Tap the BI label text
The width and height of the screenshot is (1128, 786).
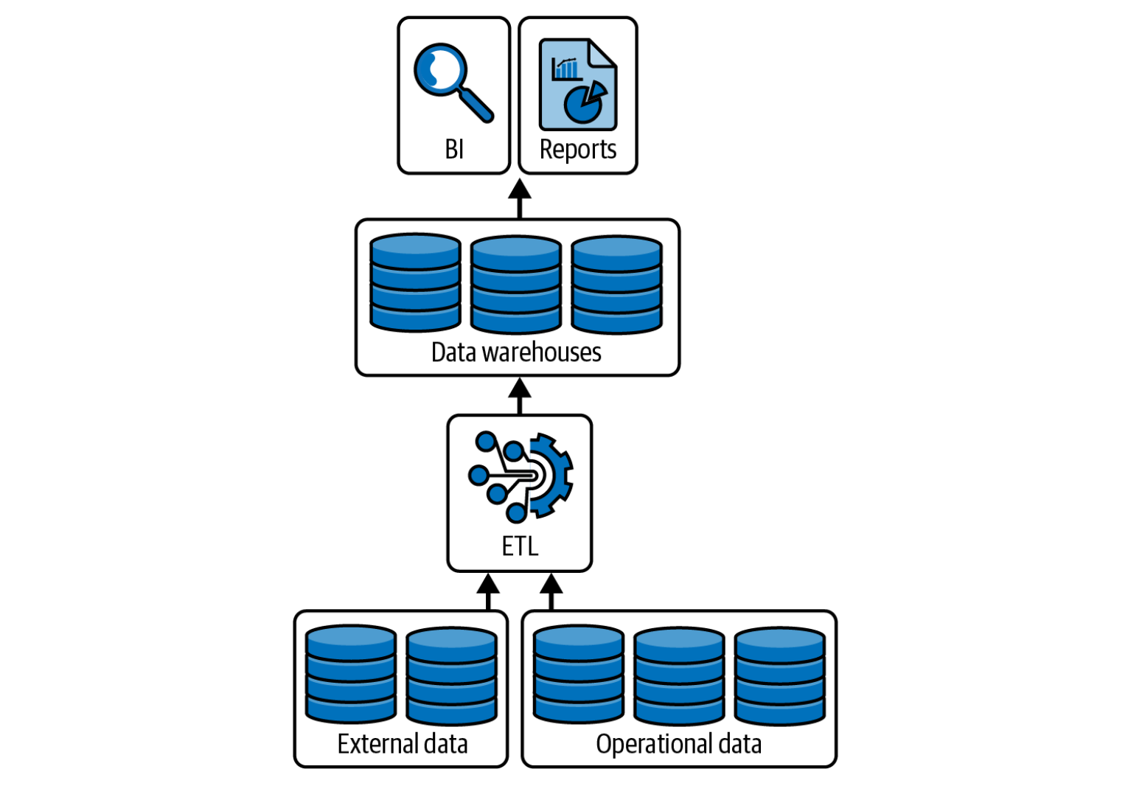point(454,150)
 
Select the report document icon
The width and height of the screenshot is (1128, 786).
point(577,85)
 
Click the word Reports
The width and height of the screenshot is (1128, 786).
point(577,150)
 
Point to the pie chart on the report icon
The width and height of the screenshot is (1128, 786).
point(585,102)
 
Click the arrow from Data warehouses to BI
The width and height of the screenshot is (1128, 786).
point(520,198)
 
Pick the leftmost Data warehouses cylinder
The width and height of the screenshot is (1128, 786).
point(415,282)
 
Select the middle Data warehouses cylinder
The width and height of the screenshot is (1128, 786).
point(515,284)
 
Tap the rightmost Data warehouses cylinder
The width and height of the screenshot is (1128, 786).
point(616,284)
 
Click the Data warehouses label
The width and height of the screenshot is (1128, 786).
point(516,352)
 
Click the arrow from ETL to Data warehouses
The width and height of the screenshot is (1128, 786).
point(520,396)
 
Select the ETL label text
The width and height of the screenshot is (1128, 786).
point(520,546)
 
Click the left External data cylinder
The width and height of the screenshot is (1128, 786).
point(351,674)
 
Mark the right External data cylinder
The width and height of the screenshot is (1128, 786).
point(451,675)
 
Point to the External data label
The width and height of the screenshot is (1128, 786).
point(403,744)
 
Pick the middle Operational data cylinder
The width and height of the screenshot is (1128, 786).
point(679,675)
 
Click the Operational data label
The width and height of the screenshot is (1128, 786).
point(678,744)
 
